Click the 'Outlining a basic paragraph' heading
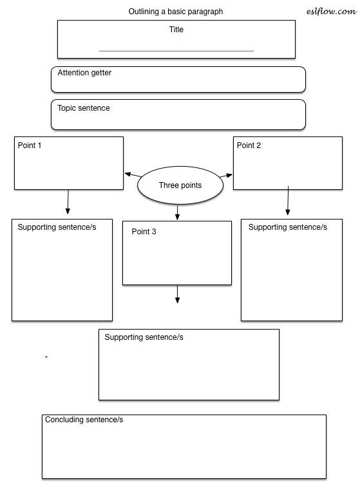[x=176, y=12]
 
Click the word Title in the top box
[x=176, y=30]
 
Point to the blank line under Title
[x=176, y=50]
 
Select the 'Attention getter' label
[x=84, y=73]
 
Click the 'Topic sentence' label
[x=84, y=108]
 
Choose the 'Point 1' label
[x=30, y=145]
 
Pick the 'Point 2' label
[x=249, y=145]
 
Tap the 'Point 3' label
[x=144, y=231]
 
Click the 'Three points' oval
[x=180, y=185]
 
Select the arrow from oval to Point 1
[x=132, y=175]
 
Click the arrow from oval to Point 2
[x=225, y=175]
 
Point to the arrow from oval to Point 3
[x=177, y=212]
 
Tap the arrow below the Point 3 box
[x=177, y=294]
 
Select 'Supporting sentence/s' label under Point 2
[x=288, y=227]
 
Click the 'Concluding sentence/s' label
[x=84, y=420]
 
